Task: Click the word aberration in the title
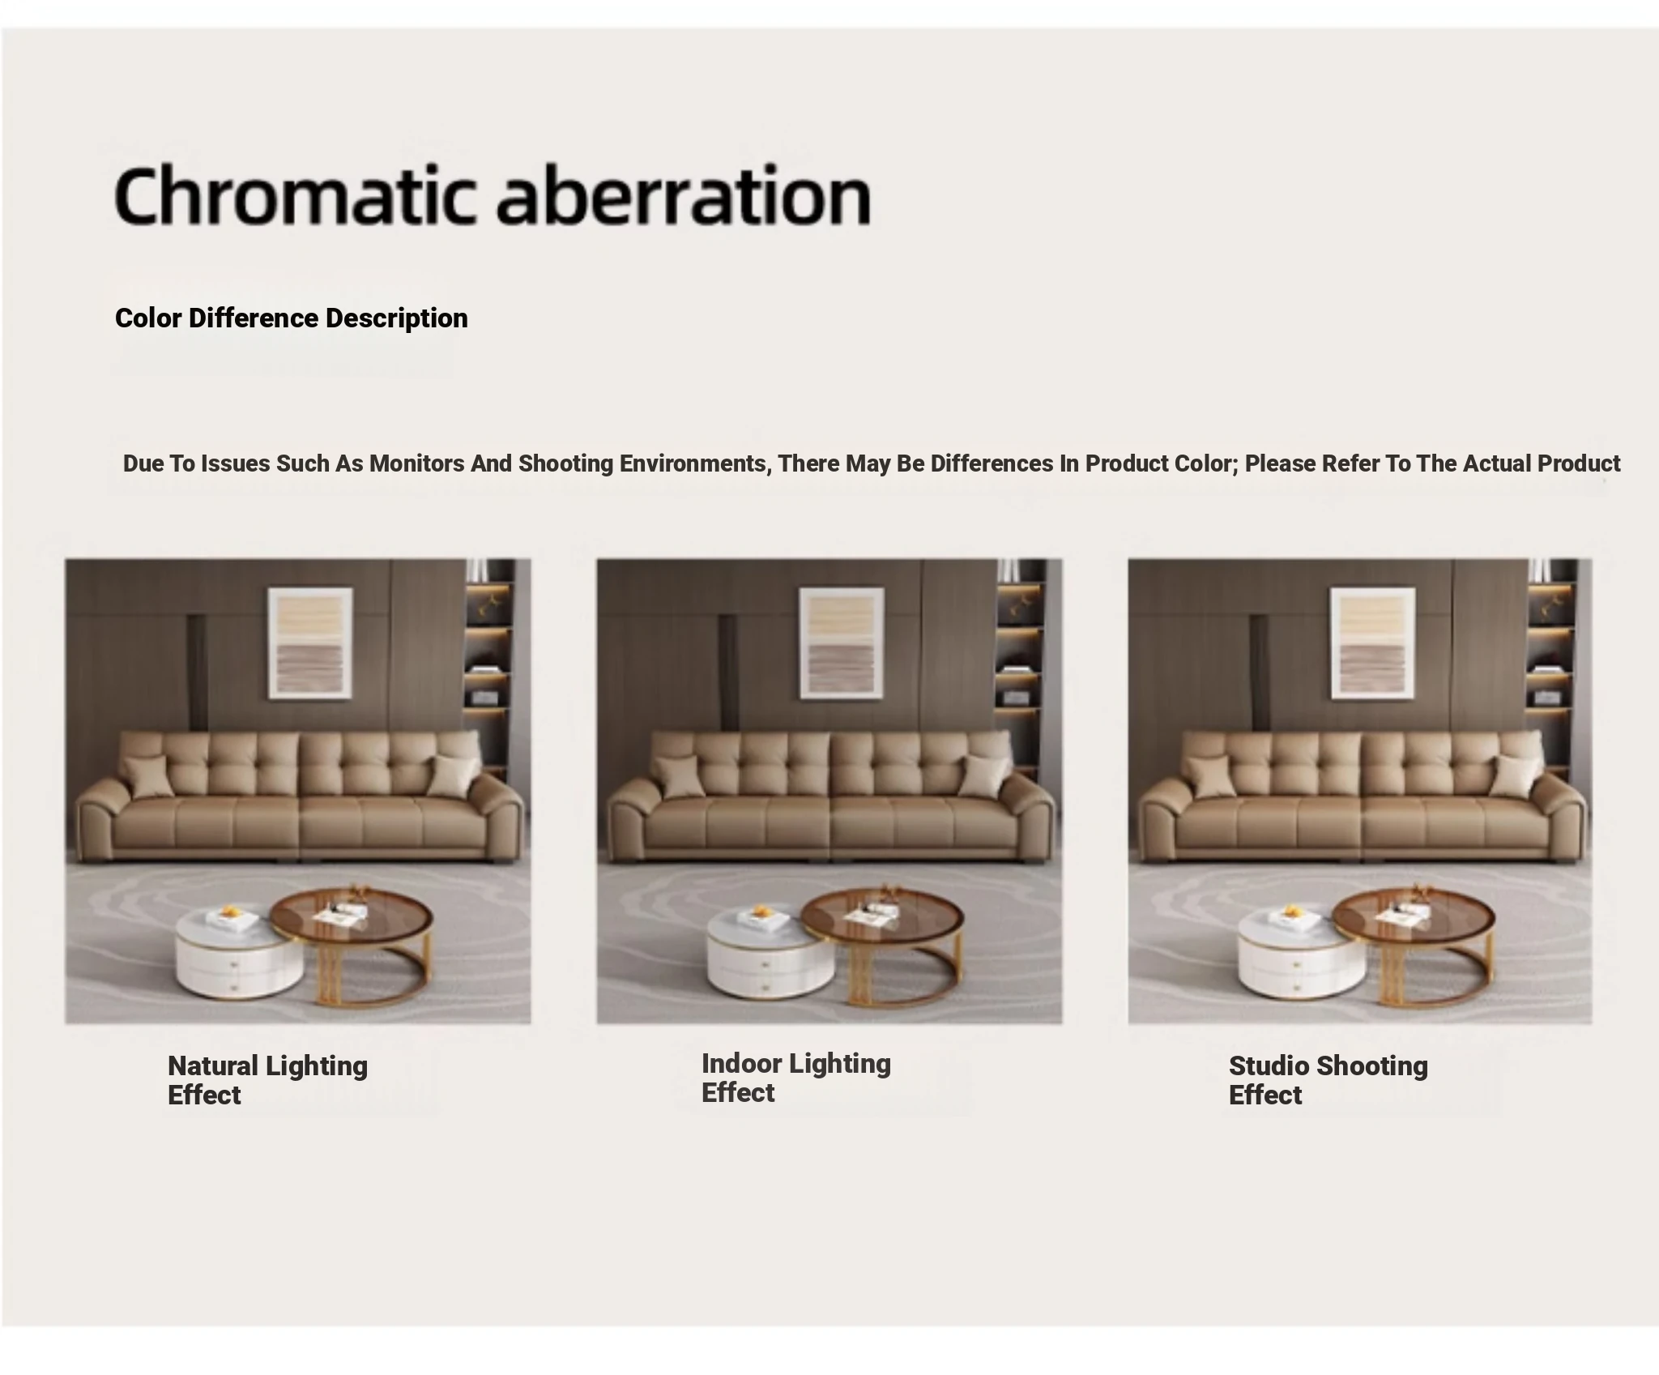coord(684,194)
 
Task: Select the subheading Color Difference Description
coord(292,318)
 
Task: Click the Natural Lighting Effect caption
coord(267,1080)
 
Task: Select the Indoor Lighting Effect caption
coord(796,1078)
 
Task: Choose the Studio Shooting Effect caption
coord(1328,1080)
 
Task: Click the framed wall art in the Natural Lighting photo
coord(310,643)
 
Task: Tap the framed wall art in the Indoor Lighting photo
coord(842,643)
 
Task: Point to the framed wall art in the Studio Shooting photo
coord(1373,643)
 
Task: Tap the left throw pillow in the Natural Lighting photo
coord(147,775)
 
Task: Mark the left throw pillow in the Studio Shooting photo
coord(1210,775)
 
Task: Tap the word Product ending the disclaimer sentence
coord(1579,463)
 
